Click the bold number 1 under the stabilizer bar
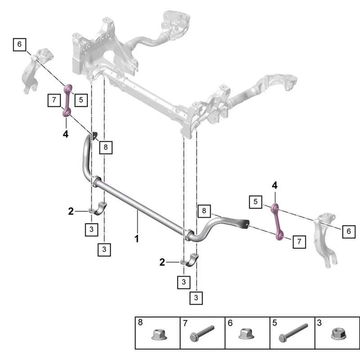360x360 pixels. (137, 239)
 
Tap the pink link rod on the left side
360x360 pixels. (67, 100)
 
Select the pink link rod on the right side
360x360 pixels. (277, 222)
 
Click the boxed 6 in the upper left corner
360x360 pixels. (19, 45)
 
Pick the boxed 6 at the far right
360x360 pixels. (349, 231)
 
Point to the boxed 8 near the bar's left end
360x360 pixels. (106, 147)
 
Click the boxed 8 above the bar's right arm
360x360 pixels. (204, 211)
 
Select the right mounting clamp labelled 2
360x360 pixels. (189, 260)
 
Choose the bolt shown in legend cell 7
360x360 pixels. (202, 333)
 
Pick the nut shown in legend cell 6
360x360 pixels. (246, 333)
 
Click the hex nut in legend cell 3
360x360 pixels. (339, 334)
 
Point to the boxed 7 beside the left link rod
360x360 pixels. (54, 100)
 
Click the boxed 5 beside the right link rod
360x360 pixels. (256, 202)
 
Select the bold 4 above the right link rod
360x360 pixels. (274, 185)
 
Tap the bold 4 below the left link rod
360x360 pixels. (66, 134)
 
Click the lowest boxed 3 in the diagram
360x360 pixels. (196, 298)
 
